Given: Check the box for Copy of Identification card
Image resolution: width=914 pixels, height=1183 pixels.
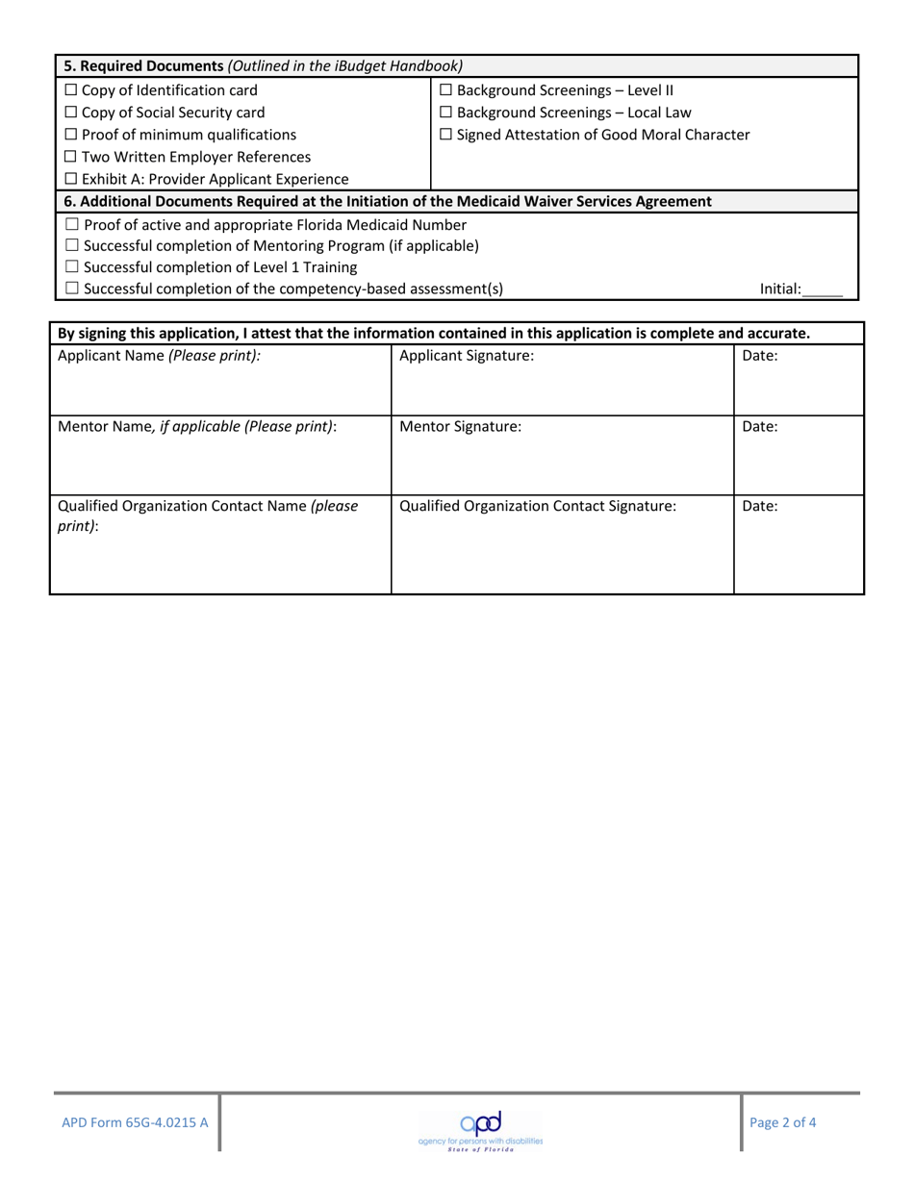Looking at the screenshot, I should pos(71,91).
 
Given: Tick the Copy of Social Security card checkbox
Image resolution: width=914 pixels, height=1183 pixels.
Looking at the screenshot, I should pos(71,113).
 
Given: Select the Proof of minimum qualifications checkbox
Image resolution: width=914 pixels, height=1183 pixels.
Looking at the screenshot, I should pos(71,136).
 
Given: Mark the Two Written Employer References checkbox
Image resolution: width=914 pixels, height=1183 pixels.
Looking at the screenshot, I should pos(71,158).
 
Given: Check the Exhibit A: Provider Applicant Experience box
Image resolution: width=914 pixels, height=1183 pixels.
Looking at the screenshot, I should pos(71,180).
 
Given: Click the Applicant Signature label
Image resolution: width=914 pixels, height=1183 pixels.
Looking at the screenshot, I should pos(466,356).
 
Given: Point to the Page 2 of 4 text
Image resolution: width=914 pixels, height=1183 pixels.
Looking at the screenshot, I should pos(783,1121).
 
